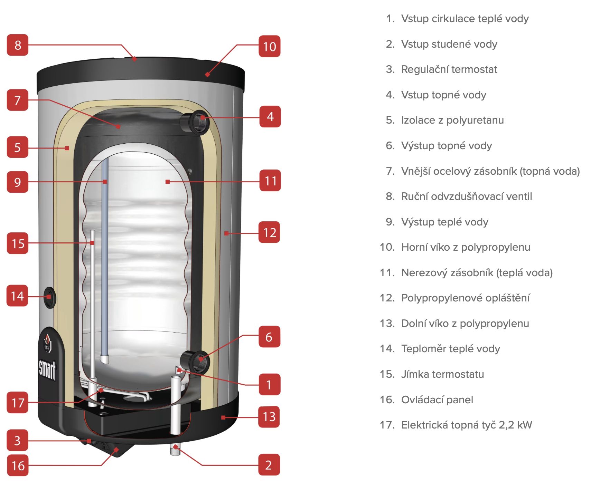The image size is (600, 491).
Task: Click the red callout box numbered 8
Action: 18,45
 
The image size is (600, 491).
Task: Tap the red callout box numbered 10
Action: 270,46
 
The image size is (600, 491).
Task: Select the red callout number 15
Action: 18,243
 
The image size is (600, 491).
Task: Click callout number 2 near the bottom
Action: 269,465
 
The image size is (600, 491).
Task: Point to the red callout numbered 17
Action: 18,403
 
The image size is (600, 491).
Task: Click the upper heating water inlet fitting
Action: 196,122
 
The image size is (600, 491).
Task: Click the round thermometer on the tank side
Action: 50,297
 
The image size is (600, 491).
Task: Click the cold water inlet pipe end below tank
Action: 176,450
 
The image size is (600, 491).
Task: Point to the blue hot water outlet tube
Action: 105,242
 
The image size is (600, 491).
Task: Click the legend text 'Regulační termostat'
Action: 449,69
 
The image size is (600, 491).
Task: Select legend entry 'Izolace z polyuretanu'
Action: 452,120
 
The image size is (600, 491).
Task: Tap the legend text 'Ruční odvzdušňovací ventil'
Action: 467,196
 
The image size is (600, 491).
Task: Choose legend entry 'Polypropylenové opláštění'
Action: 465,298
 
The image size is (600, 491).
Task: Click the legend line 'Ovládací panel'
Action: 437,400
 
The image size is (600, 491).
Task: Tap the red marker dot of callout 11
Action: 168,182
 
